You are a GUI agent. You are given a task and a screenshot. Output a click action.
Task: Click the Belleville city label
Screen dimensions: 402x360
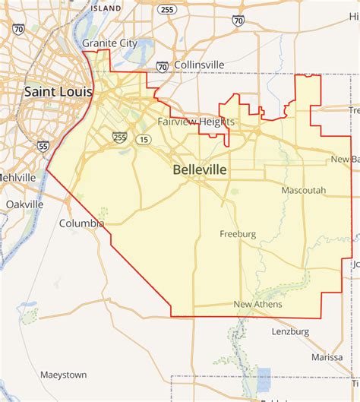click(x=200, y=170)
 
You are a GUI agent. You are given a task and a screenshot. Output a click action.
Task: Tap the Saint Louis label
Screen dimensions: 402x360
click(x=58, y=92)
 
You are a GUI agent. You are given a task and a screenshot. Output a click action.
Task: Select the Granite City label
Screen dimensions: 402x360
click(x=103, y=43)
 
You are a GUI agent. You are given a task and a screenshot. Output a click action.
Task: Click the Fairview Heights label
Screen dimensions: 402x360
click(x=196, y=122)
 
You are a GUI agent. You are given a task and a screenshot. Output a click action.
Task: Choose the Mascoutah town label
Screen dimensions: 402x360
click(x=303, y=190)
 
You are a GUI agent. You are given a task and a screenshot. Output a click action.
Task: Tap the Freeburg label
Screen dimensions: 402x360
click(x=238, y=233)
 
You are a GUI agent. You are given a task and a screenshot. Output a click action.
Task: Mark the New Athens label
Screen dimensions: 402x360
click(x=257, y=305)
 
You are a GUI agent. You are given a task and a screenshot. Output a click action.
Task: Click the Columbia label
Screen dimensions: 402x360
click(x=82, y=223)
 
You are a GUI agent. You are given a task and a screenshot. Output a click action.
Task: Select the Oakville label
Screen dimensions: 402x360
click(x=24, y=204)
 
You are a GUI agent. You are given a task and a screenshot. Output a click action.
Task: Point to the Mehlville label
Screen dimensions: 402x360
click(x=17, y=177)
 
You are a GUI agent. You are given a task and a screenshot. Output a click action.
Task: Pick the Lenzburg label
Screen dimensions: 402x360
click(x=291, y=331)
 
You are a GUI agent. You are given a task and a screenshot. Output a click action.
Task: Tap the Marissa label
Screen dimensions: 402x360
click(x=327, y=357)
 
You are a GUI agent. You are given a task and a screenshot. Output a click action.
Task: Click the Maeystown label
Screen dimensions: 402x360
click(x=63, y=375)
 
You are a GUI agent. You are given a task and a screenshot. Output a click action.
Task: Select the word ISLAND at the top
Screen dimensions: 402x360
click(x=106, y=8)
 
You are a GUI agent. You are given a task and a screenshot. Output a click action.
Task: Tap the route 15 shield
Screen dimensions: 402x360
click(x=143, y=139)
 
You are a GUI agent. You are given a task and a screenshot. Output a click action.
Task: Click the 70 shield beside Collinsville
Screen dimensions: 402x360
click(x=163, y=67)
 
